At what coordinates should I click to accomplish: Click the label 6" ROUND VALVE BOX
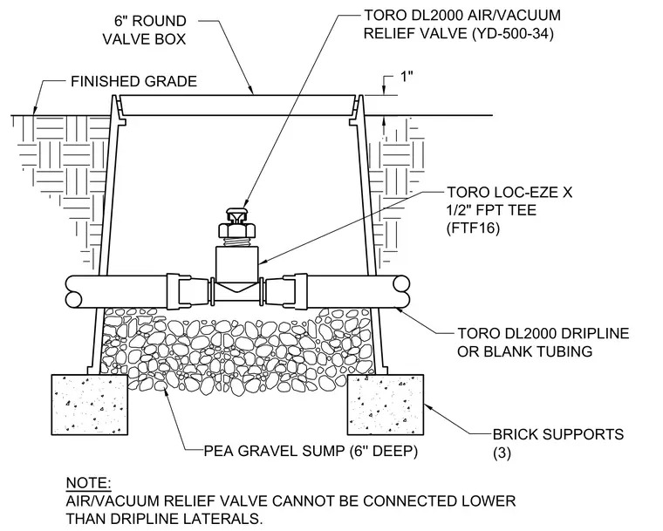[144, 30]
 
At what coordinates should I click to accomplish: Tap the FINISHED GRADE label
[133, 81]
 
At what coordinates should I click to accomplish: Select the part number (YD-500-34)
[512, 33]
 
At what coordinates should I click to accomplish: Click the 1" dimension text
[406, 77]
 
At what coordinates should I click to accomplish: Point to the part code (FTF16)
[473, 228]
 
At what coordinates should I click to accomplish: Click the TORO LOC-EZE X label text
[509, 193]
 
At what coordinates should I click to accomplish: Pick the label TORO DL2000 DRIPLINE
[543, 333]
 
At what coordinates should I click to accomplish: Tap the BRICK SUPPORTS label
[558, 434]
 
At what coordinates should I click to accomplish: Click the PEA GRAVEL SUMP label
[275, 451]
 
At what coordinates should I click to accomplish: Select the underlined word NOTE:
[89, 483]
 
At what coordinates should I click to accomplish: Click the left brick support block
[90, 405]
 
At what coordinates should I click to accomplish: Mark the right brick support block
[386, 405]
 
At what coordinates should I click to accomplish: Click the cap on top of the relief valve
[237, 214]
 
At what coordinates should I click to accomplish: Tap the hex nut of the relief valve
[237, 230]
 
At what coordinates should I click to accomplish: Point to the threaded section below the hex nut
[237, 242]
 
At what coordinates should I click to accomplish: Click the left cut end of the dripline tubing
[73, 292]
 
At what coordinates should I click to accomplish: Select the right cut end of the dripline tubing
[400, 291]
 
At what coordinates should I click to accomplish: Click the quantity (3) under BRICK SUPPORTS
[502, 453]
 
